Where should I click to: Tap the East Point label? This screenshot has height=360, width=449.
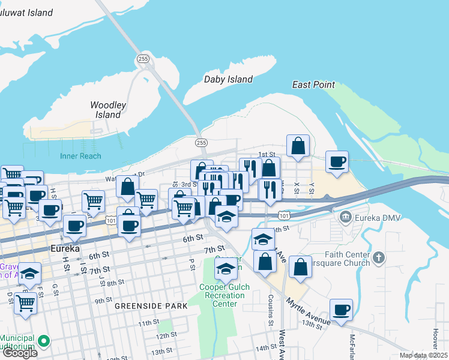pyautogui.click(x=313, y=85)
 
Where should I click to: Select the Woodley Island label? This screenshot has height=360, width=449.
pyautogui.click(x=108, y=110)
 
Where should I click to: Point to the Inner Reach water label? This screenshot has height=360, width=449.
pyautogui.click(x=80, y=156)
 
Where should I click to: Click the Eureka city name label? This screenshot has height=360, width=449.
pyautogui.click(x=49, y=248)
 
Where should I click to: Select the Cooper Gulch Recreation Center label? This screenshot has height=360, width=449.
pyautogui.click(x=224, y=295)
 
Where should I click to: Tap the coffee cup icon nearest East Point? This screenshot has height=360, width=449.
pyautogui.click(x=337, y=161)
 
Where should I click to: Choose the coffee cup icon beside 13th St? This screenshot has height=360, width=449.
pyautogui.click(x=341, y=310)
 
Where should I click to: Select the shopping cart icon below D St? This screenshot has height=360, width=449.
pyautogui.click(x=26, y=304)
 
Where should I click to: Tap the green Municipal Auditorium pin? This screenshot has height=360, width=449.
pyautogui.click(x=43, y=341)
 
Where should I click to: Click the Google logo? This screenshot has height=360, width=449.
pyautogui.click(x=19, y=353)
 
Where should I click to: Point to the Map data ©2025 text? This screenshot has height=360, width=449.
pyautogui.click(x=423, y=355)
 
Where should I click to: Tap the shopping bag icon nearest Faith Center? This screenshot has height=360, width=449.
pyautogui.click(x=300, y=267)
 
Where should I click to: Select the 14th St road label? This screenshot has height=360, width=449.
pyautogui.click(x=265, y=348)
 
